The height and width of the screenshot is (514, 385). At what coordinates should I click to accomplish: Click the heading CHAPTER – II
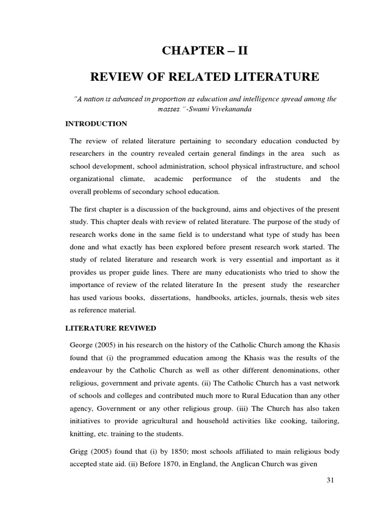tap(204, 51)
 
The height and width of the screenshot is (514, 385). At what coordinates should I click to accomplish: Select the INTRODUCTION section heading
tap(96, 123)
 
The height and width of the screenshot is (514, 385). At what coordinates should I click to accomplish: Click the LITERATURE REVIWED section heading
tap(111, 328)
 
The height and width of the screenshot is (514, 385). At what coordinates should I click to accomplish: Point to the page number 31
tap(330, 480)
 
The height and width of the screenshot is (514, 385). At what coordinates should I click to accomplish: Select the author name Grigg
tap(80, 452)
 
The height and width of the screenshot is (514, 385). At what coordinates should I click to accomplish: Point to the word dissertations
tap(168, 298)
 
